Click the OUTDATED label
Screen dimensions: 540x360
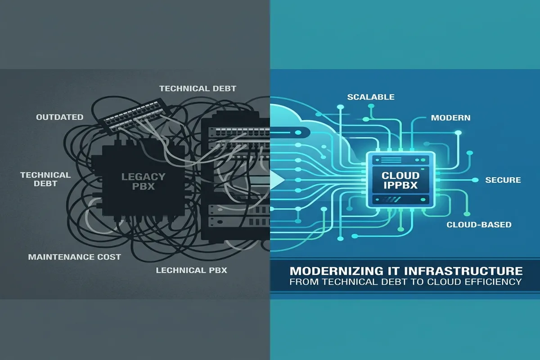(x=59, y=117)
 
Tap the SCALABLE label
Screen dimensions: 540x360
(x=371, y=97)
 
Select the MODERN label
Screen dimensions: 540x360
(x=450, y=117)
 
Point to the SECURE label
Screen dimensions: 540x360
(x=503, y=180)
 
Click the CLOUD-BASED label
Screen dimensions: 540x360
(x=479, y=225)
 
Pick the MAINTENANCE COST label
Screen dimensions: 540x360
(x=75, y=257)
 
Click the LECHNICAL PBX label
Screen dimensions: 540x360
(x=191, y=270)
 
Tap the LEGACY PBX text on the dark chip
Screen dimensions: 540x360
(x=143, y=181)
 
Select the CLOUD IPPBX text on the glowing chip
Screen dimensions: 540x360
(x=400, y=180)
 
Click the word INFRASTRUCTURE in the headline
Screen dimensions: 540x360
(x=463, y=271)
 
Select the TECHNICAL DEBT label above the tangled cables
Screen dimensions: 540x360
(x=198, y=89)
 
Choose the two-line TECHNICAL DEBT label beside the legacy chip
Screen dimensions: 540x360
(x=45, y=179)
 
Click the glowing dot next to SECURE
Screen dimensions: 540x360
(x=475, y=180)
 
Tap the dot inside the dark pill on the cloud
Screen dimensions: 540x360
(x=298, y=132)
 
